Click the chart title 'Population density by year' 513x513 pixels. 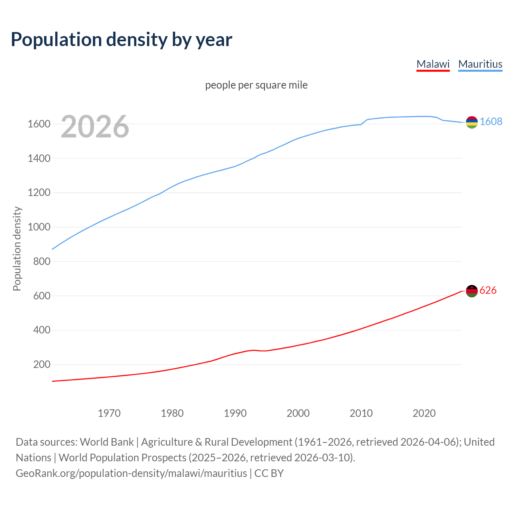(x=121, y=40)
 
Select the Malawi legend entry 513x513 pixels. (x=433, y=64)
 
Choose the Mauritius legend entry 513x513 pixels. (x=480, y=64)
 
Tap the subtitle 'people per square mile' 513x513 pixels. (x=256, y=85)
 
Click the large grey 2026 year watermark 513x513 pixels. (x=95, y=127)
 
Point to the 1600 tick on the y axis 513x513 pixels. (x=39, y=124)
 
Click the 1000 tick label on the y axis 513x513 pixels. (x=39, y=227)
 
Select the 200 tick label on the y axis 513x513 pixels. (x=42, y=365)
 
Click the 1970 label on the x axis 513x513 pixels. (x=109, y=413)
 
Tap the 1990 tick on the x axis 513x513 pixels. (x=235, y=413)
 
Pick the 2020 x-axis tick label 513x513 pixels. (x=424, y=413)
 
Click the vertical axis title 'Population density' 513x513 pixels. (x=17, y=248)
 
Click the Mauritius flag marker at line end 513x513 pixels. (x=472, y=122)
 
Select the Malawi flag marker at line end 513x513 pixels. (x=472, y=291)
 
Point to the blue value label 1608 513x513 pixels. (x=491, y=121)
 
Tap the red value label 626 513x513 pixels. (x=488, y=290)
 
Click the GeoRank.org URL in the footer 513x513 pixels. (x=131, y=473)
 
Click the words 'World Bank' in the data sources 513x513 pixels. (x=107, y=442)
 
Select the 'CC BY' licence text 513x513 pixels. (x=269, y=473)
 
